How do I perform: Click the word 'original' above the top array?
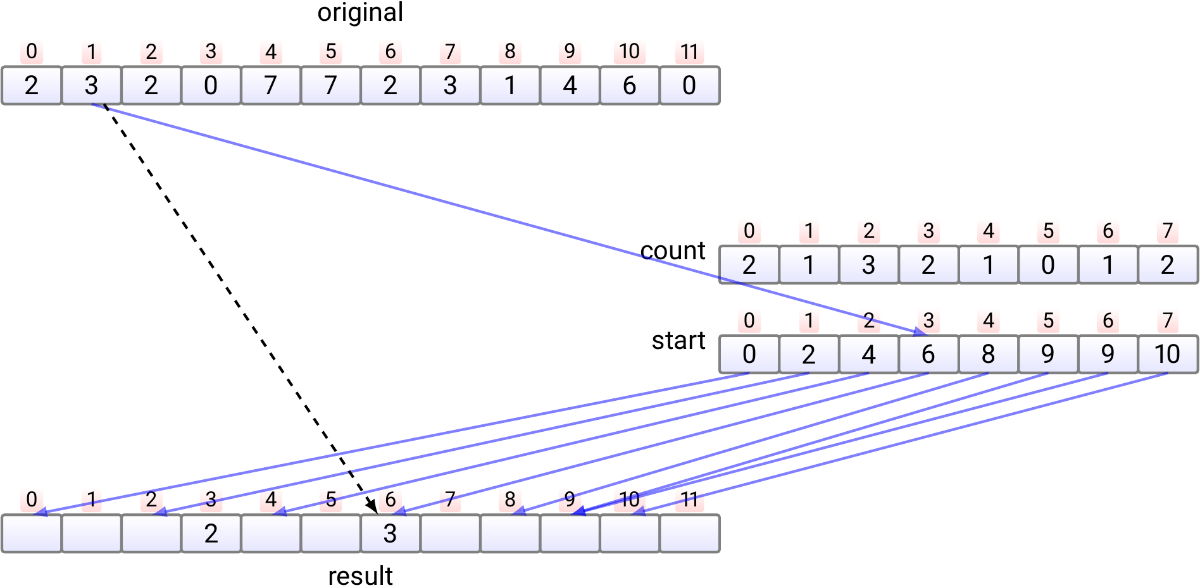[x=360, y=13]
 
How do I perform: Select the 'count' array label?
[x=673, y=251]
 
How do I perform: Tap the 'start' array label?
[x=678, y=341]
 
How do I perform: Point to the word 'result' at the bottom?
[x=360, y=576]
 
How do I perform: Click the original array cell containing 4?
[x=570, y=85]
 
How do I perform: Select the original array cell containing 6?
[x=629, y=85]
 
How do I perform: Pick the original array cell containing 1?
[x=509, y=85]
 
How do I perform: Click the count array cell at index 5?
[x=1048, y=265]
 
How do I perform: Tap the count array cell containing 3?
[x=868, y=265]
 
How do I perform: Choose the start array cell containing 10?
[x=1167, y=354]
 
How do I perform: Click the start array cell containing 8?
[x=988, y=354]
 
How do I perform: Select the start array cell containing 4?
[x=868, y=354]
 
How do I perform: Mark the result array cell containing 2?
[x=211, y=534]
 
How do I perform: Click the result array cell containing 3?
[x=390, y=534]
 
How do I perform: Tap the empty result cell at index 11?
[x=689, y=534]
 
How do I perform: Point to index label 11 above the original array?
[x=689, y=52]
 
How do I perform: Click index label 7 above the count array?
[x=1168, y=231]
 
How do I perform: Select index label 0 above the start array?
[x=749, y=321]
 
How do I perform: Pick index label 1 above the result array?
[x=91, y=500]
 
